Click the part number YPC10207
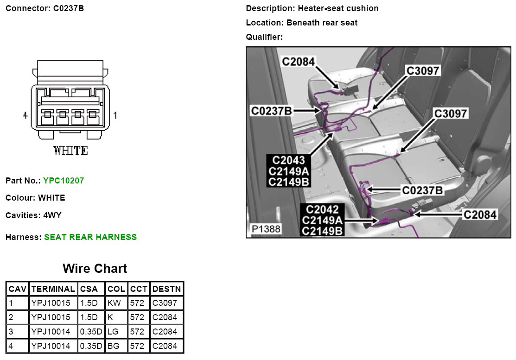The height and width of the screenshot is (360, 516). coord(64,181)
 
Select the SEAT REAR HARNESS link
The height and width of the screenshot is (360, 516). coord(90,237)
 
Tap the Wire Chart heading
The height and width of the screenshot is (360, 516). coord(95,268)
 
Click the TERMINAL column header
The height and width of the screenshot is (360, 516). coord(53,289)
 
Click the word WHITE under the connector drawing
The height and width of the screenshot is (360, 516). coord(70,151)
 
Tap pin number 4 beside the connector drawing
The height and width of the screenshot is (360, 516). coord(25,115)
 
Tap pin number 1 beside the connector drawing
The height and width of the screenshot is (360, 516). coord(115,115)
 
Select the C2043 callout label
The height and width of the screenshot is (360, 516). coord(288,160)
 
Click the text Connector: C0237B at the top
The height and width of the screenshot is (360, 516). coord(45,8)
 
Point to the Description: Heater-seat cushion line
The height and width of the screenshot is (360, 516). coord(312,8)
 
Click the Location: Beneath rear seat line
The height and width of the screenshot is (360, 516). coord(301,23)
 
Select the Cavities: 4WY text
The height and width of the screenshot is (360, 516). coord(33,215)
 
